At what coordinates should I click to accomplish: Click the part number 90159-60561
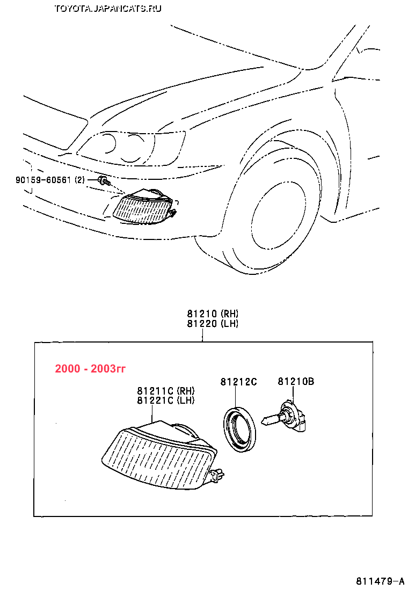click(43, 180)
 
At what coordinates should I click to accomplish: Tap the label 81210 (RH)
click(213, 314)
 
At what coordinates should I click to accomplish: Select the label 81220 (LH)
click(213, 323)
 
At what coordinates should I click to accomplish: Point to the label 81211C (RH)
click(165, 391)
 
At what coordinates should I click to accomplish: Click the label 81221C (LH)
click(165, 401)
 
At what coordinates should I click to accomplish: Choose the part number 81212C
click(238, 382)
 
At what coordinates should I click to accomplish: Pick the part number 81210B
click(296, 382)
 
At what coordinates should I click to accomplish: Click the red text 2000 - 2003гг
click(90, 369)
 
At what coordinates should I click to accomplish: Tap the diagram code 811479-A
click(380, 581)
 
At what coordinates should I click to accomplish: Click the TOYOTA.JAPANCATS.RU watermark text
click(108, 8)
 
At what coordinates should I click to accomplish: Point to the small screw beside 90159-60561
click(103, 180)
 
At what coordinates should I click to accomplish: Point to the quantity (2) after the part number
click(79, 180)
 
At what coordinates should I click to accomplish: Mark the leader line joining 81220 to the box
click(202, 335)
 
